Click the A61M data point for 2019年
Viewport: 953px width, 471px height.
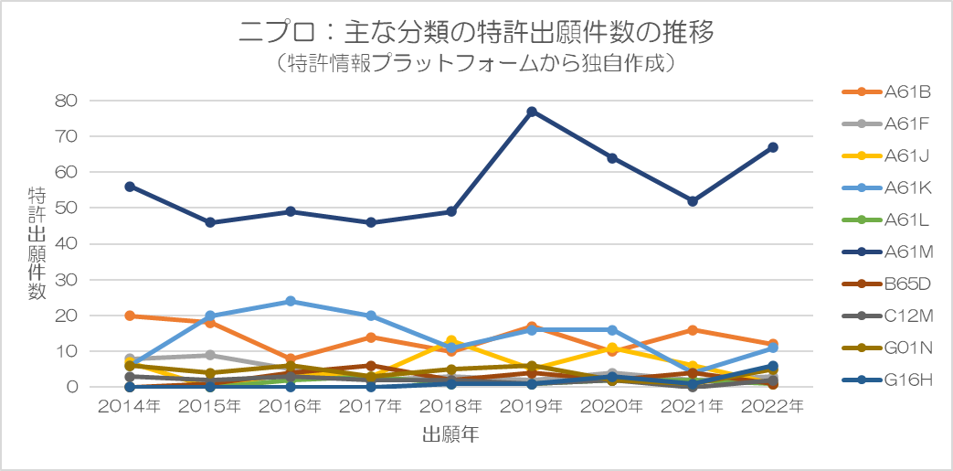(x=532, y=112)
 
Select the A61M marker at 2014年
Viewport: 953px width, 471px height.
(x=130, y=187)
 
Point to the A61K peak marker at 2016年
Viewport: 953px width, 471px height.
(x=291, y=301)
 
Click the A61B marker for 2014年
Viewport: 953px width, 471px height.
(x=130, y=316)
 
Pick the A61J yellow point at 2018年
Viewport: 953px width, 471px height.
(x=451, y=340)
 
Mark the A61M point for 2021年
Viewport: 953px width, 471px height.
(x=693, y=201)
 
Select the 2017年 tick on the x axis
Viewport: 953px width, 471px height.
(x=371, y=407)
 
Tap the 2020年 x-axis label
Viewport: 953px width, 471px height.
(x=612, y=407)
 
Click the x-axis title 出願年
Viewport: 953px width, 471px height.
(x=450, y=434)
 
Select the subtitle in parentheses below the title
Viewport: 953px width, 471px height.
(x=475, y=64)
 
